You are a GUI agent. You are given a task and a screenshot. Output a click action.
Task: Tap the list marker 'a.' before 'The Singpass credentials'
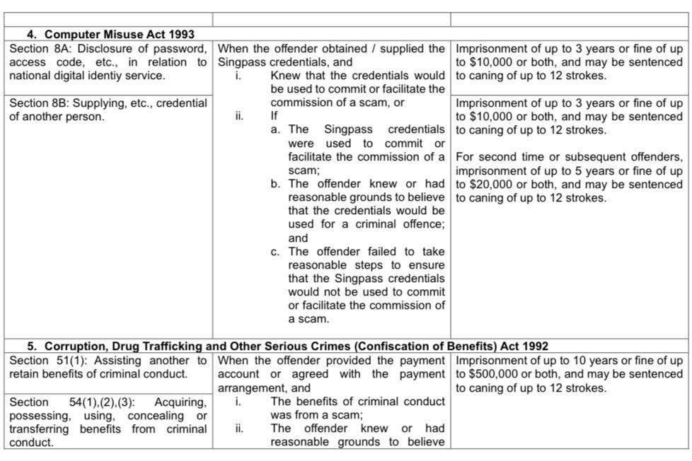[x=275, y=130]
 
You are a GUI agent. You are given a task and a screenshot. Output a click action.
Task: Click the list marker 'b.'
[x=275, y=185]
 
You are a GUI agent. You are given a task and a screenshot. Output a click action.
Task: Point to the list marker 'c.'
[x=275, y=252]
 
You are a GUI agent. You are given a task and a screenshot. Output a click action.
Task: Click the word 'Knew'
[x=284, y=76]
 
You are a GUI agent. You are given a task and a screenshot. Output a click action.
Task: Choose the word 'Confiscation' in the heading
[x=391, y=346]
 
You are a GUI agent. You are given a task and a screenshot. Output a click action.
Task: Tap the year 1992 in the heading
[x=534, y=346]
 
